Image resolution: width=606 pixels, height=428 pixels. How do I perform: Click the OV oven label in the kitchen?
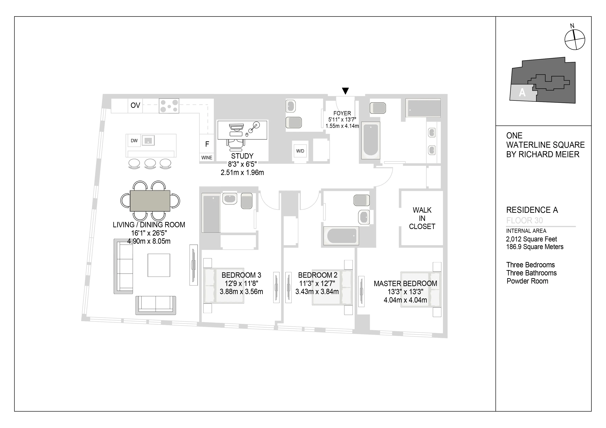(135, 105)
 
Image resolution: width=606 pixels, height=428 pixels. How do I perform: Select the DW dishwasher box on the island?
(134, 140)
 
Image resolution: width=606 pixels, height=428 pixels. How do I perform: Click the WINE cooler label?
(207, 157)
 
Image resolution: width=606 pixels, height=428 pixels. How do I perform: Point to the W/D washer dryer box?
(300, 151)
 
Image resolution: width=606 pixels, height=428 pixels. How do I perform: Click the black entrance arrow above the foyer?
(345, 91)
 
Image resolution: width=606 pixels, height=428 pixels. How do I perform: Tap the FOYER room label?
(342, 113)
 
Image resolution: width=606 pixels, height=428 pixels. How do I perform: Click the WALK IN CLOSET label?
(422, 218)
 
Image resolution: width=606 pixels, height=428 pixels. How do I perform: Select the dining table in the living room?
(150, 201)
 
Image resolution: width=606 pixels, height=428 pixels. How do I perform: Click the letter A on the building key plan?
(522, 93)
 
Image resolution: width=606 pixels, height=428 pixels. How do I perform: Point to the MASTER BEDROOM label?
(405, 284)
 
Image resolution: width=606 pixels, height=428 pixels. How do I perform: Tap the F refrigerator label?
(207, 144)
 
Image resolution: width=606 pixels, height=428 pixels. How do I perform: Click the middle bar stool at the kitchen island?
(150, 163)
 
